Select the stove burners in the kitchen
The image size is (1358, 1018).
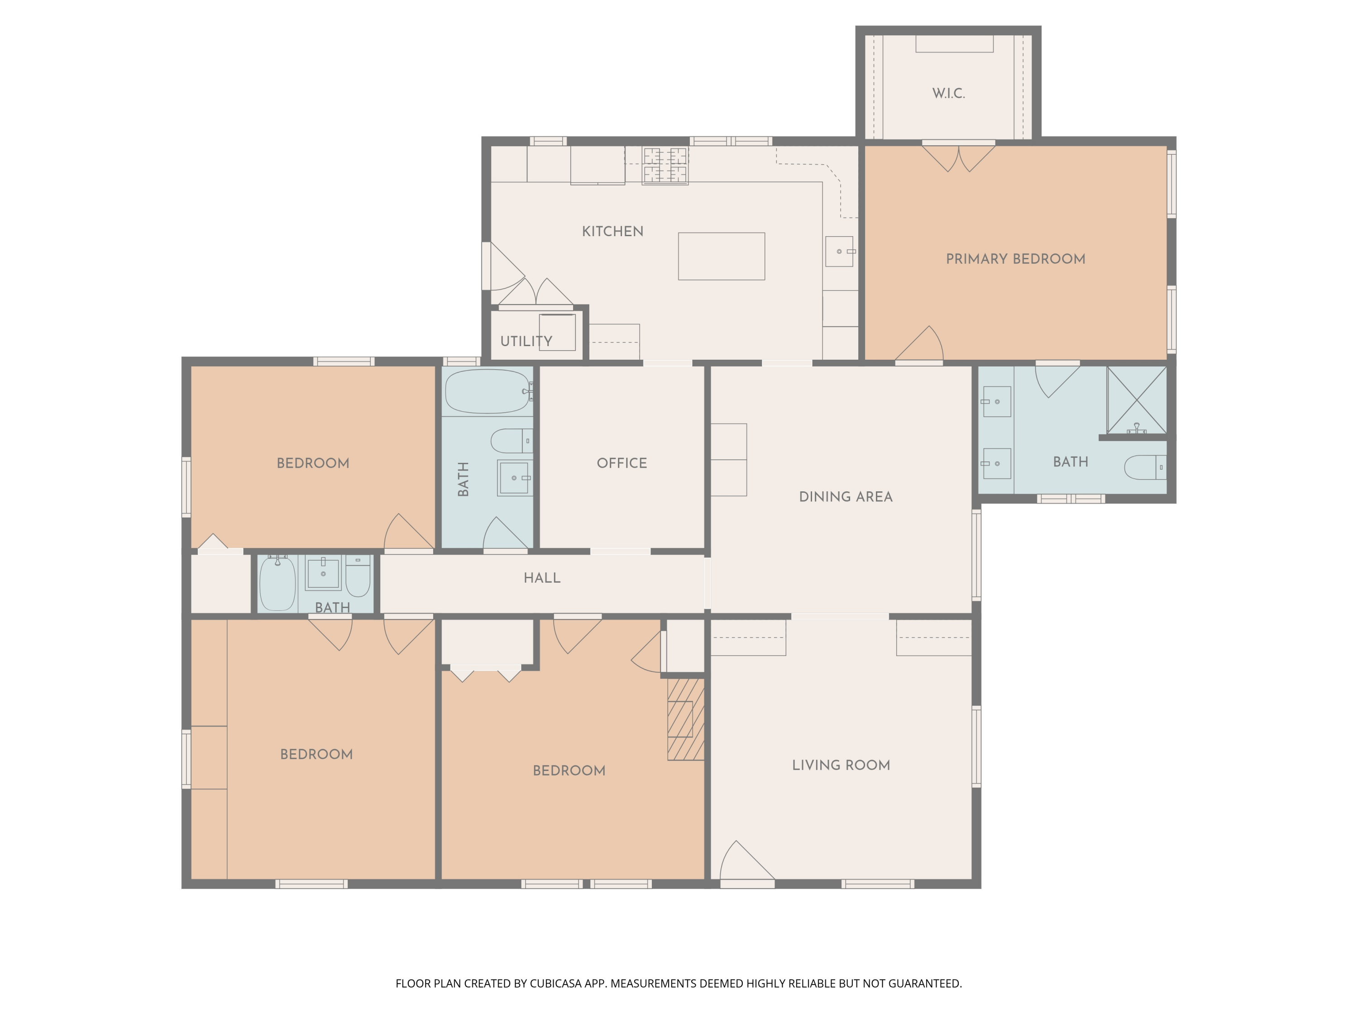[x=665, y=166]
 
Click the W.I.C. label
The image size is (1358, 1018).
[x=948, y=93]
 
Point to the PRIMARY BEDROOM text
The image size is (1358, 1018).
[x=1015, y=259]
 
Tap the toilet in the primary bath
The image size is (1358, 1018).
[x=1144, y=467]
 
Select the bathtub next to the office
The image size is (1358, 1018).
[x=487, y=391]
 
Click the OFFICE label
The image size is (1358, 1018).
[x=622, y=463]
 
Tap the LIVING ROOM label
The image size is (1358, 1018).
[x=841, y=765]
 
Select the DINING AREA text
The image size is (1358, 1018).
[x=846, y=497]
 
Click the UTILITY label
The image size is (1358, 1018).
[x=526, y=341]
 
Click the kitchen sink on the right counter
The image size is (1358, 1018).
[x=839, y=251]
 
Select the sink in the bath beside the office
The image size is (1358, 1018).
[x=514, y=477]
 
